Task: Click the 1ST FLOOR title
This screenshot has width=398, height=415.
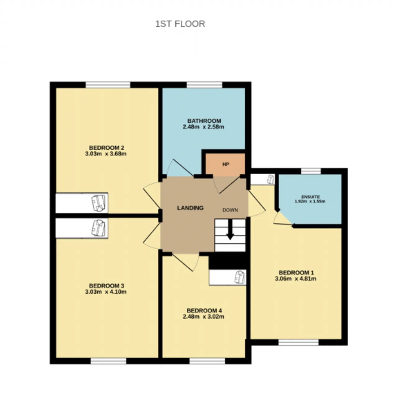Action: coord(180,24)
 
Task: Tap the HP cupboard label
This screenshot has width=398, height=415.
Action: coord(226,164)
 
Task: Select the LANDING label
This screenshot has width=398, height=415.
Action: coord(190,208)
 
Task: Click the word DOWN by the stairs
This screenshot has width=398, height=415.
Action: coord(230,210)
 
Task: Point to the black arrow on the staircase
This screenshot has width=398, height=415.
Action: coord(230,229)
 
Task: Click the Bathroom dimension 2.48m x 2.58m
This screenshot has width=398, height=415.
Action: coord(203,127)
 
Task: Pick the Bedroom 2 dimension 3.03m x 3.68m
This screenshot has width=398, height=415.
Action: coord(106,154)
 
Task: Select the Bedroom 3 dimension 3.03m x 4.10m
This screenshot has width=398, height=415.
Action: coord(106,292)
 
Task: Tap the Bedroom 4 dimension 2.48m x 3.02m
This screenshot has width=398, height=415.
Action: coord(203,317)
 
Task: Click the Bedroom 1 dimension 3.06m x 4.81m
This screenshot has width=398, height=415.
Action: coord(296,279)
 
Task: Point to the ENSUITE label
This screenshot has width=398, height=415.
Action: coord(311,197)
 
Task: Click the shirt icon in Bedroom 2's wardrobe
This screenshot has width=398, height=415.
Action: coord(98,203)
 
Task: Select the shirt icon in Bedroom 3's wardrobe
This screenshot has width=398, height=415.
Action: coord(98,228)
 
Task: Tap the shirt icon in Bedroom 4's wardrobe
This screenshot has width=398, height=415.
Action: coord(240,277)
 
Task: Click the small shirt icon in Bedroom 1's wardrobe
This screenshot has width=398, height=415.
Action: coord(271,179)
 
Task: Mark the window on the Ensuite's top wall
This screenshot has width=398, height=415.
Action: coord(311,171)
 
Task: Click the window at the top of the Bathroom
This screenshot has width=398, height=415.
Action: coord(205,85)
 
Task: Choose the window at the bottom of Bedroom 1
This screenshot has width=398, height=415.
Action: coord(298,342)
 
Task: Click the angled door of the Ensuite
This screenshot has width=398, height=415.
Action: coord(285,218)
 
